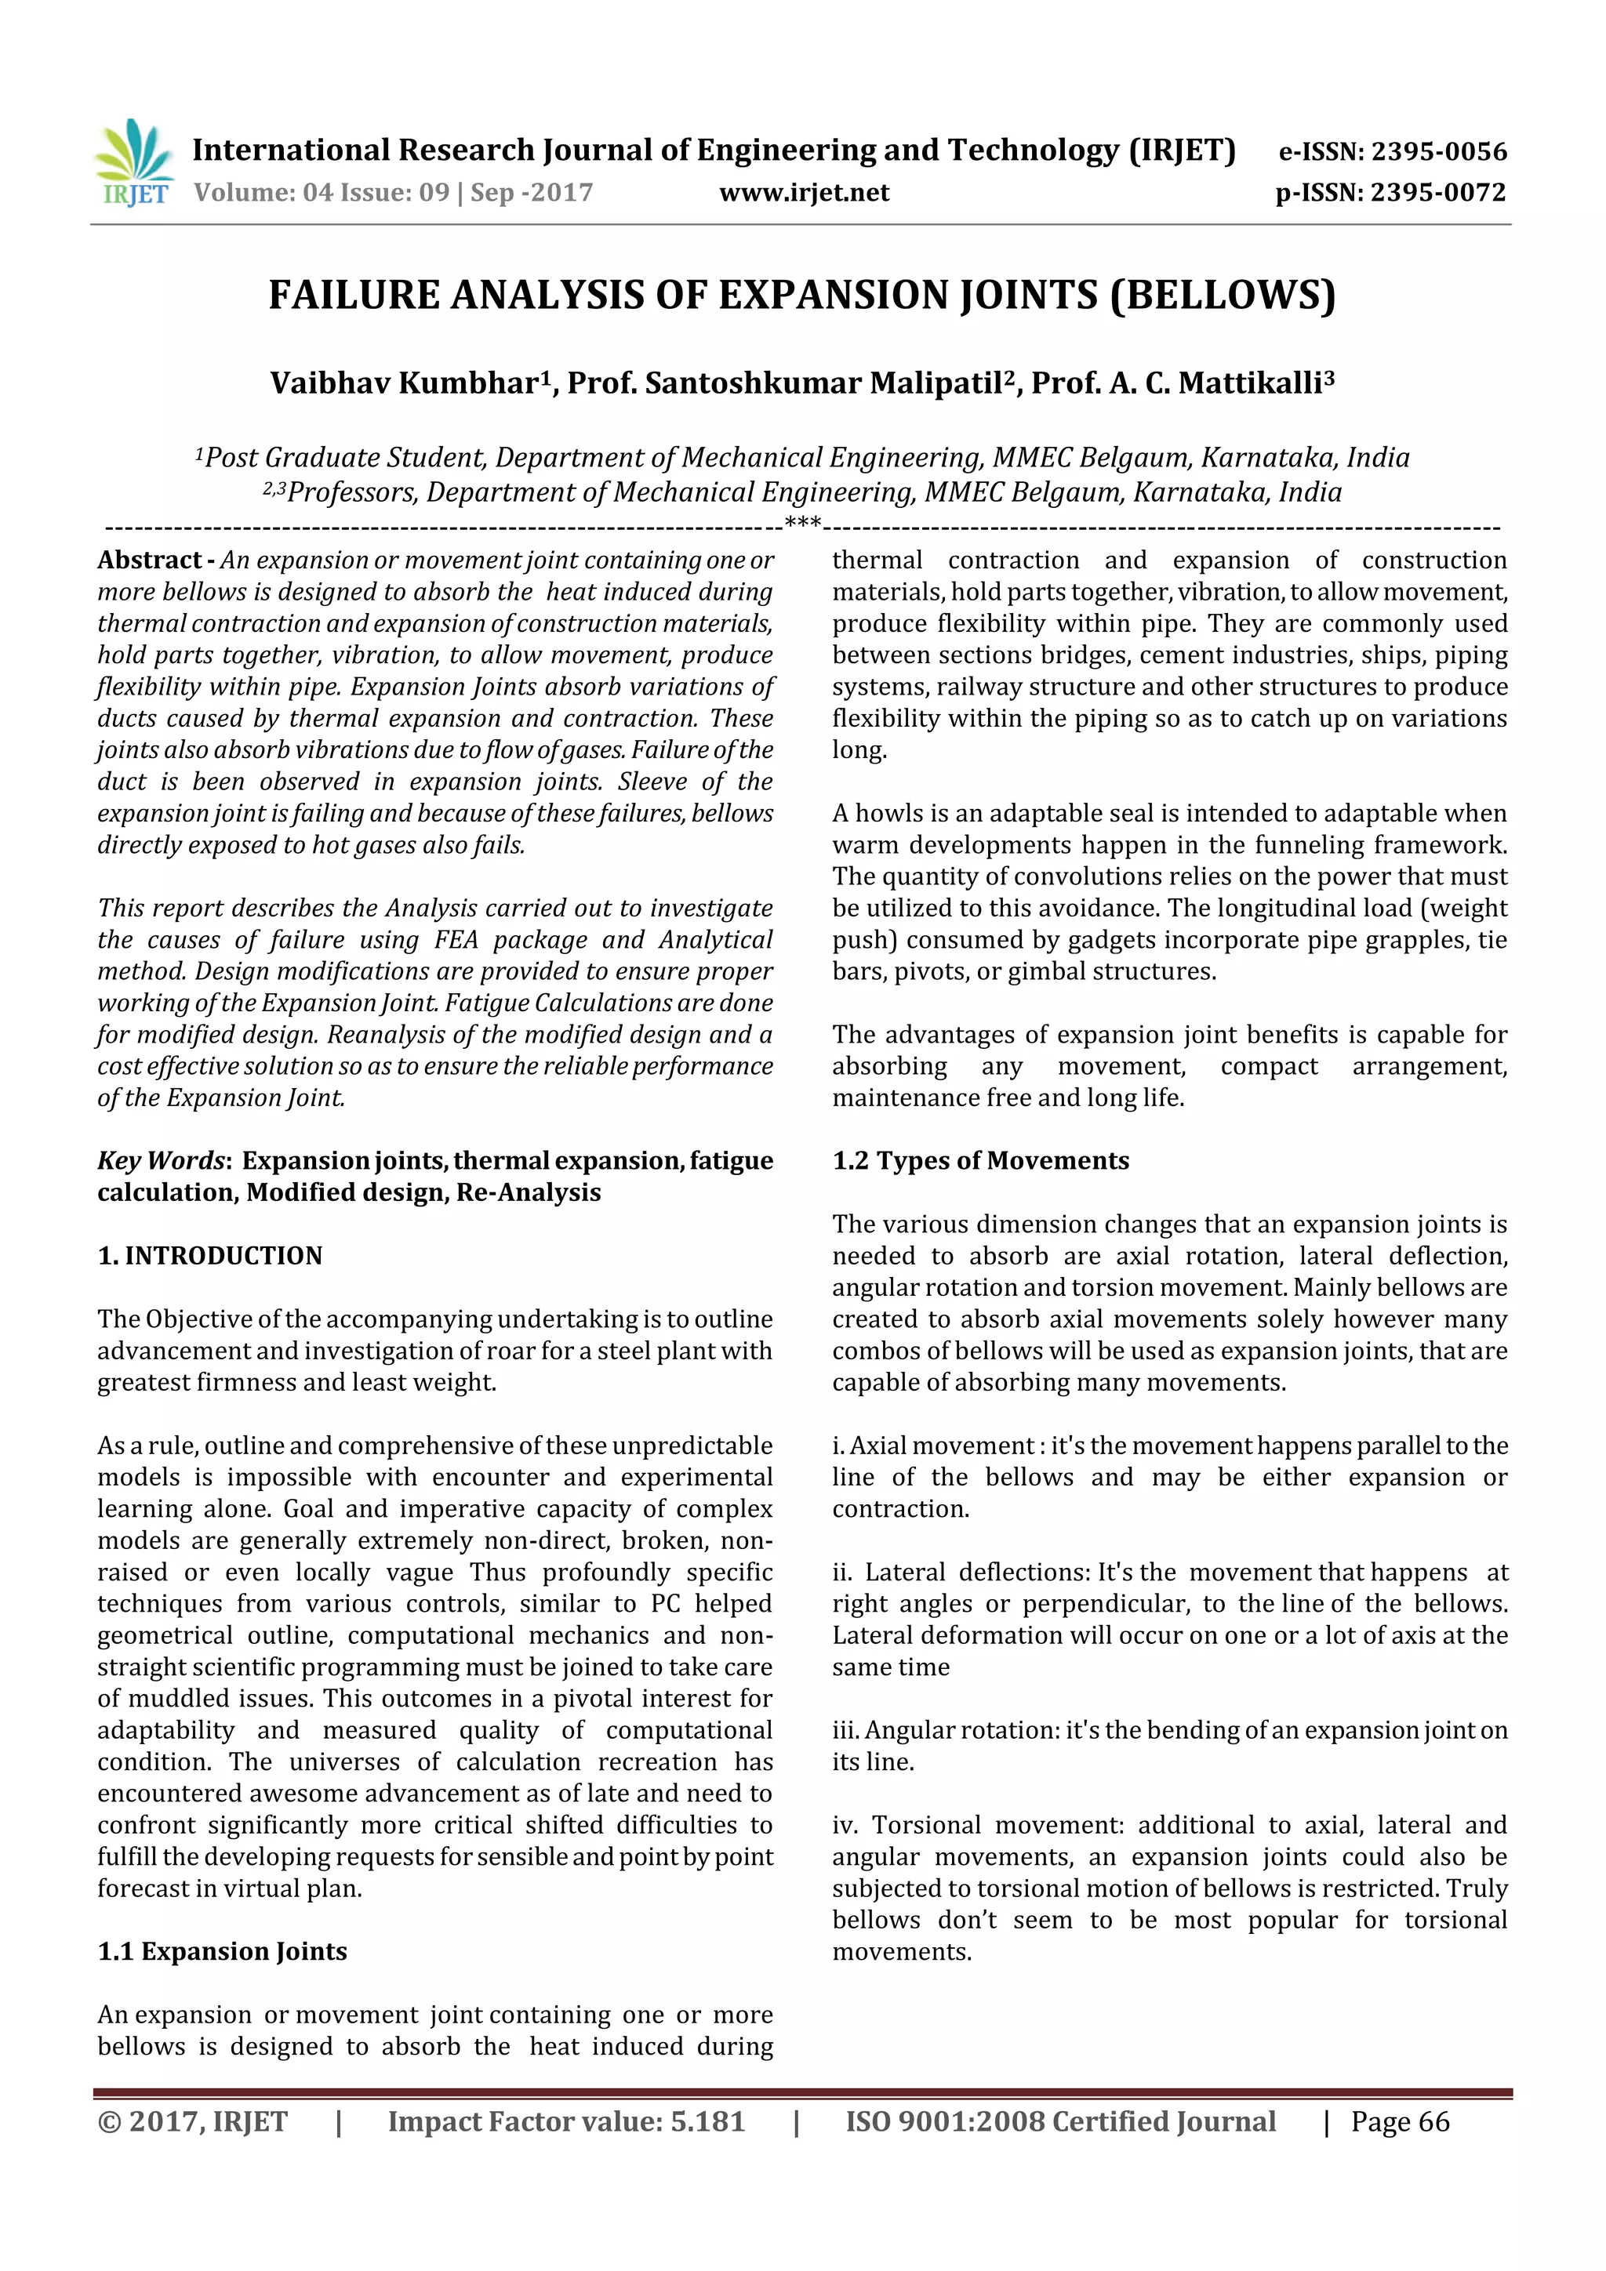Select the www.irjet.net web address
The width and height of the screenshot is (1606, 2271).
[x=804, y=193]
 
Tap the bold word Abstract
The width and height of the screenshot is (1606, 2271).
[x=148, y=560]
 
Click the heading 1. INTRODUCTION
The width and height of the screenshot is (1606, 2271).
[x=210, y=1255]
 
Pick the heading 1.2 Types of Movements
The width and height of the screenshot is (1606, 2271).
[x=979, y=1160]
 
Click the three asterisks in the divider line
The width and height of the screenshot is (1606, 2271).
[x=802, y=522]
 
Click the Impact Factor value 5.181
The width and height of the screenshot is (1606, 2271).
[x=707, y=2121]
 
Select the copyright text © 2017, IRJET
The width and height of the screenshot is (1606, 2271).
[x=192, y=2121]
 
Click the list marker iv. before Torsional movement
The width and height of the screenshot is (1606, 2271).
[x=844, y=1825]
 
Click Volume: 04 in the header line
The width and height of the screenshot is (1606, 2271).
[x=264, y=193]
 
